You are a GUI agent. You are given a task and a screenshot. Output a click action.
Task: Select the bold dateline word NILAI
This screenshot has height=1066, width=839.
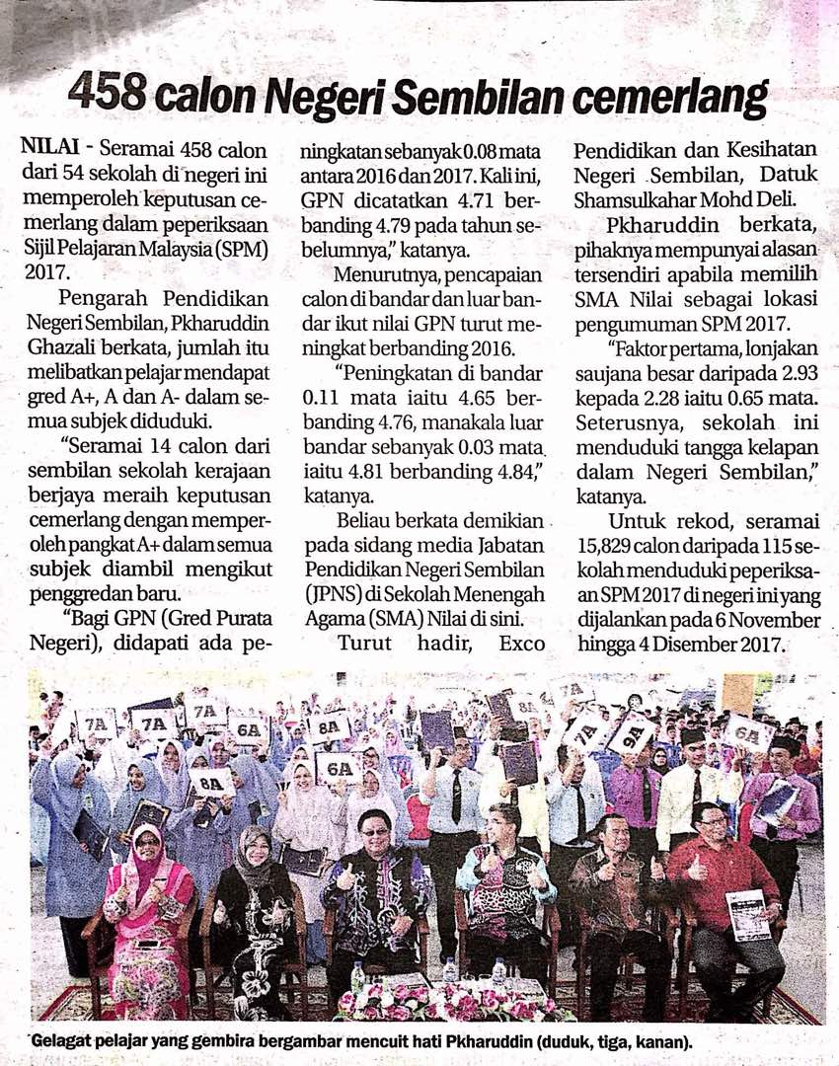pyautogui.click(x=47, y=149)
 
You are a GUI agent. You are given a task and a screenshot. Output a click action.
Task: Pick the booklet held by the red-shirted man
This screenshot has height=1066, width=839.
pyautogui.click(x=748, y=915)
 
